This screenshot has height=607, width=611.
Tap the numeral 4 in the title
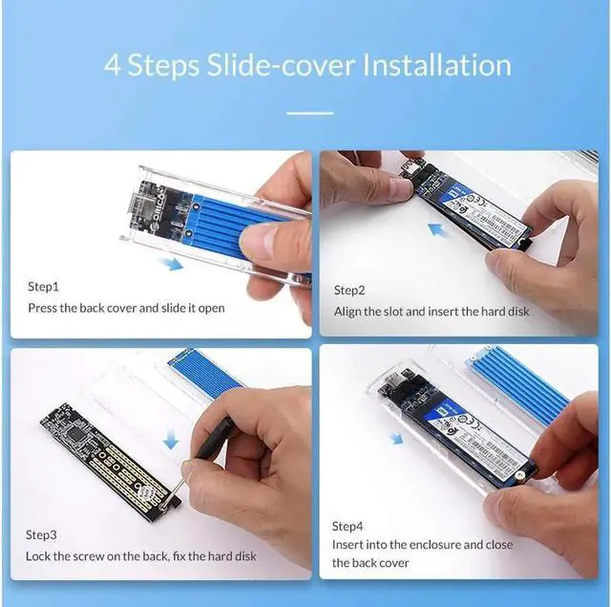click(114, 66)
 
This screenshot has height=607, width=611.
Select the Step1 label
click(43, 286)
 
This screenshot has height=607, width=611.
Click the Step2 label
click(349, 290)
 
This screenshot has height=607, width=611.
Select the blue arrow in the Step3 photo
click(170, 439)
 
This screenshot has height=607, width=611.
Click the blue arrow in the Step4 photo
click(395, 438)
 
